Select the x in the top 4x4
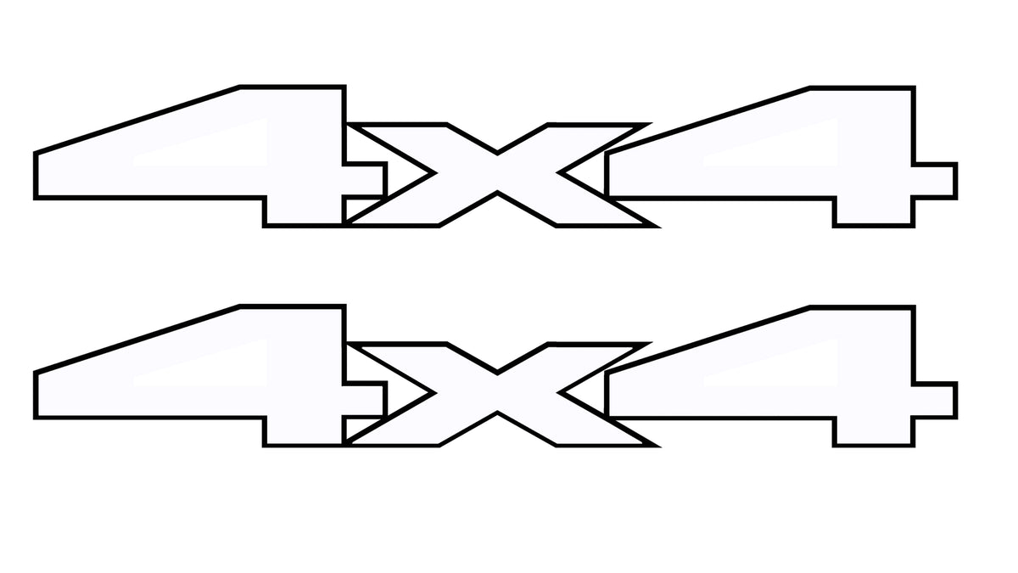coord(497,174)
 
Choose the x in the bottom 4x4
coord(497,394)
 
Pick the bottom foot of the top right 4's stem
coord(874,213)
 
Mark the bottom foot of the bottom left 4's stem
coord(304,432)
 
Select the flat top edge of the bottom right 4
coord(862,308)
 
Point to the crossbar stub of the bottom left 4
coord(365,399)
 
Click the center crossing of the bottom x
coord(497,393)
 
